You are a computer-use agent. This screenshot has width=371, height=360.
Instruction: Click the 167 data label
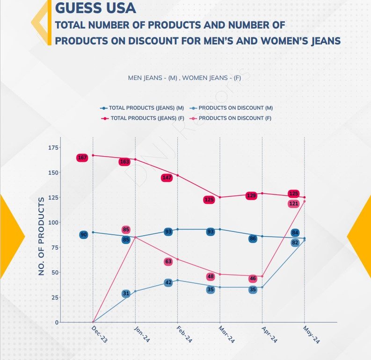[x=82, y=158]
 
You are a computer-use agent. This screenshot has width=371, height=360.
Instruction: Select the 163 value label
[x=125, y=162]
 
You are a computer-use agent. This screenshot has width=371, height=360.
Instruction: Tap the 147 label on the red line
[x=167, y=178]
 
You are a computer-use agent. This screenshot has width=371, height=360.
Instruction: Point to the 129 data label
[x=251, y=195]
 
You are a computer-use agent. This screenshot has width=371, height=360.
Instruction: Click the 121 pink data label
[x=293, y=204]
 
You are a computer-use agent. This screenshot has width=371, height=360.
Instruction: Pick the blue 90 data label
[x=84, y=235]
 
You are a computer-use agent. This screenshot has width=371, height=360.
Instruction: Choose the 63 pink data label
[x=168, y=262]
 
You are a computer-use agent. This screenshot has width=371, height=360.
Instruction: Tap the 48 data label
[x=211, y=277]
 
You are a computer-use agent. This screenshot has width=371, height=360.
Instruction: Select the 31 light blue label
[x=126, y=294]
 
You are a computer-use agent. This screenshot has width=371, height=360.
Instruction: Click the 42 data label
[x=168, y=283]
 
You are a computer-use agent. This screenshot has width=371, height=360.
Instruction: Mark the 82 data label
[x=295, y=243]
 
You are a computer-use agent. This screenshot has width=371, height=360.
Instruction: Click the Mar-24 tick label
[x=226, y=335]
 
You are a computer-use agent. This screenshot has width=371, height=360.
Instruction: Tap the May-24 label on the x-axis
[x=311, y=335]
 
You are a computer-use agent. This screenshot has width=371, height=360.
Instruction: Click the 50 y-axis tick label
[x=55, y=272]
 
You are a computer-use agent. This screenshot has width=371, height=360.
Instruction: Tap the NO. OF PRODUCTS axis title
[x=42, y=236]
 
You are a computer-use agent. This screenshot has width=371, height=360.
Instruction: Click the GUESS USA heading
[x=95, y=8]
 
